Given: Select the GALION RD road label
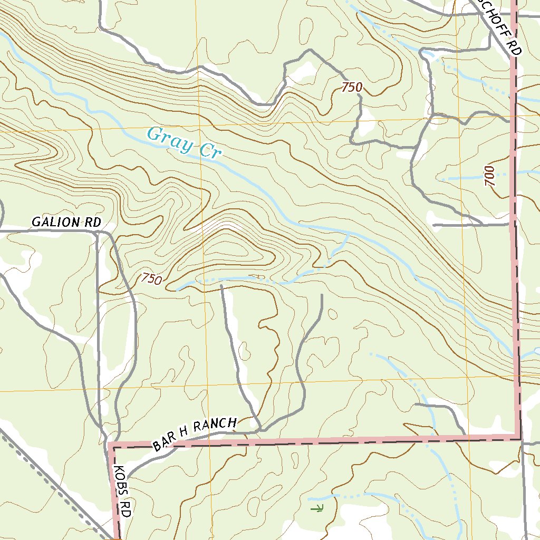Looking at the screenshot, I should coord(66,222).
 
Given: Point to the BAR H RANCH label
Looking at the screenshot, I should coord(195,434).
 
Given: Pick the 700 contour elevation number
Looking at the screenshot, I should coord(489,176).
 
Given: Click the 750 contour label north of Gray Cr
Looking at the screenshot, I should coord(352,88).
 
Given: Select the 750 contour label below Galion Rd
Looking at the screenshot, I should coord(151,279).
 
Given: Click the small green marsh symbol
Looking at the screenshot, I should coord(316,508).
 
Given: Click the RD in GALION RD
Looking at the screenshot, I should coord(91,222).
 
